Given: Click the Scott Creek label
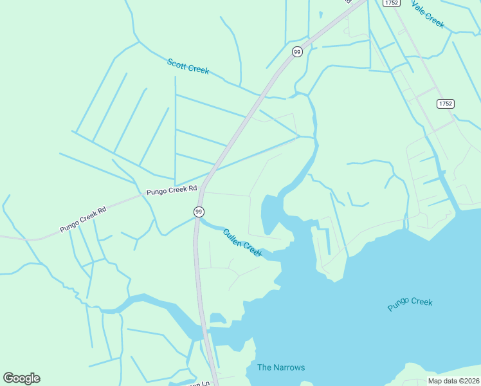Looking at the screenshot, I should point(188,66).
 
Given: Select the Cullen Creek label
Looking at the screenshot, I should point(242,243).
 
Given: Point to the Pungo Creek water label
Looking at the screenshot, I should point(410,304).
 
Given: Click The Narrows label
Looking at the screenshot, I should point(281,367).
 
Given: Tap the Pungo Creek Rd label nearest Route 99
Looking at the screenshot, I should point(172,190).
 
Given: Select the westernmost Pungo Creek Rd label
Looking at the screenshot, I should point(83,220).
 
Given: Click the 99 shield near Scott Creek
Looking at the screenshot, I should point(296,52).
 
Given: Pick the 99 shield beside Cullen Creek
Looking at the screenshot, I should point(199,212).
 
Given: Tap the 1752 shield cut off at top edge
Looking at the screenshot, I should point(391,3).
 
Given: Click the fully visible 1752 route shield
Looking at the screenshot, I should point(445,104).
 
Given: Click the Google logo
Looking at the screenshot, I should point(21,378).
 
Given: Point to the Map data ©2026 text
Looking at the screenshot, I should point(453,381).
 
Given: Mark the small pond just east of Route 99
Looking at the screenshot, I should point(218,318).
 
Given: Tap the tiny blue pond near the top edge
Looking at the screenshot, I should point(320,14).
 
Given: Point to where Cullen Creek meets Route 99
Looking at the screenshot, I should point(196,222).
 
